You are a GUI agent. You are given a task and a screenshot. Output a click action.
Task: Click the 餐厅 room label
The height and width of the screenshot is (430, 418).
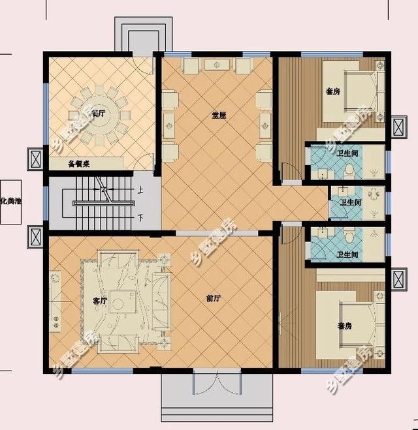[99, 113]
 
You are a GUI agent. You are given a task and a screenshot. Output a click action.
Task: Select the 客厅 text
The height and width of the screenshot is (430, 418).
[99, 301]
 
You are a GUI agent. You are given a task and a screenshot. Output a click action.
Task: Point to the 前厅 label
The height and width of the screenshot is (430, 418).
[213, 298]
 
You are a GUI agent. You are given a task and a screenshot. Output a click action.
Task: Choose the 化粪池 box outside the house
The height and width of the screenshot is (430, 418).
[11, 202]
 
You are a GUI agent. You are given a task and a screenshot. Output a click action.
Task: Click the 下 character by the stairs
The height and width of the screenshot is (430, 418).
[140, 216]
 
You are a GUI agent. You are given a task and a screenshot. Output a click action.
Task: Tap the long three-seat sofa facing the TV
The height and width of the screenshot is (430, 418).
[159, 302]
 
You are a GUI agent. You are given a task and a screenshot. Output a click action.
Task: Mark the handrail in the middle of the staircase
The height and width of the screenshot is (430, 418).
[104, 203]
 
